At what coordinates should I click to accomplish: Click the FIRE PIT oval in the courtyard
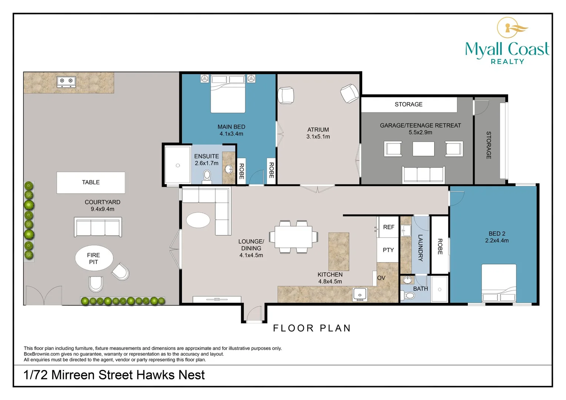pos(94,258)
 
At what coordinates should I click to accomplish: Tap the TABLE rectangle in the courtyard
pos(91,183)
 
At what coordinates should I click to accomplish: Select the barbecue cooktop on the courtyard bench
pos(66,82)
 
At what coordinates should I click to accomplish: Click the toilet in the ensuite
pos(207,176)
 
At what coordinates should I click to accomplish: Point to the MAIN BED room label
pos(232,127)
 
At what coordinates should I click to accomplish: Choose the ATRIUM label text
pos(318,130)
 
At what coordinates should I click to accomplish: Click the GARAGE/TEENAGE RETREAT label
pos(420,125)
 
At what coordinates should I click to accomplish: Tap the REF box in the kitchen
pos(388,227)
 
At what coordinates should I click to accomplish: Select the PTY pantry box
pos(388,250)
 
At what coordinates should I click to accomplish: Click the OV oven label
pos(381,278)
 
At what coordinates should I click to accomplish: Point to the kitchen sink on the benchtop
pos(360,295)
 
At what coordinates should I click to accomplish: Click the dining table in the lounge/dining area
pos(293,237)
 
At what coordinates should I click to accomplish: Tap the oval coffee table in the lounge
pos(198,220)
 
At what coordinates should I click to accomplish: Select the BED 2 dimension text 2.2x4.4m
pos(497,241)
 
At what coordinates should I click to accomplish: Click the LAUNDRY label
pos(420,248)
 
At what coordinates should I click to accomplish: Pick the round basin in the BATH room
pos(407,280)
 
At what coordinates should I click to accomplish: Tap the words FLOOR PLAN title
pos(312,328)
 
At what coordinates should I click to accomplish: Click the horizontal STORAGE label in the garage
pos(409,104)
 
